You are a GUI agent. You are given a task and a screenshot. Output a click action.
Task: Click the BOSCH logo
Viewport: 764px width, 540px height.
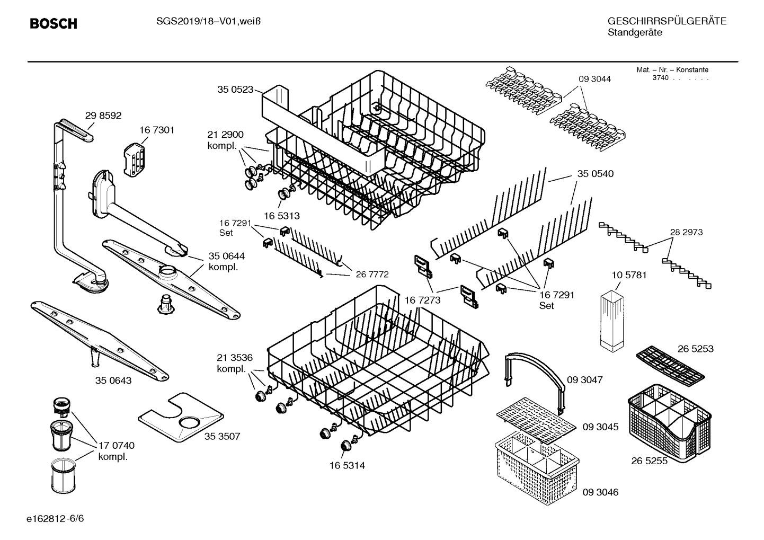[53, 24]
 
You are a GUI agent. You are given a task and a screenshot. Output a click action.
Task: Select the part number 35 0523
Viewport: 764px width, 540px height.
[235, 90]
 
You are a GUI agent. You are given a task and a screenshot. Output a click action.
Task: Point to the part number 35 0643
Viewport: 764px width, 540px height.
[113, 380]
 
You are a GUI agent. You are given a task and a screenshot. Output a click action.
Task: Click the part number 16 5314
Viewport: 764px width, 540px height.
[347, 465]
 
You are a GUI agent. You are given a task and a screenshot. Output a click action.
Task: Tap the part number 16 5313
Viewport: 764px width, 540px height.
[282, 216]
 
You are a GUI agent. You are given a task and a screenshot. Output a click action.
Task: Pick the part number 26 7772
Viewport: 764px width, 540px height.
[372, 274]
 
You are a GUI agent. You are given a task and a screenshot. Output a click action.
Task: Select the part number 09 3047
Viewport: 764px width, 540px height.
[584, 380]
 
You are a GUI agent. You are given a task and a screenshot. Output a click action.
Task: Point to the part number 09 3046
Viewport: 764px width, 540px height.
[600, 492]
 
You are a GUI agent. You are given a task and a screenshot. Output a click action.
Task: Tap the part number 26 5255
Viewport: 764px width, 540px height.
[649, 461]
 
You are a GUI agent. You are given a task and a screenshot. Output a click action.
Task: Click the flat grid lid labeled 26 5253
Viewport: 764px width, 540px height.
[670, 366]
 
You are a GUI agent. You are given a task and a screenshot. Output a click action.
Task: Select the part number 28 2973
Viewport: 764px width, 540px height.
[686, 232]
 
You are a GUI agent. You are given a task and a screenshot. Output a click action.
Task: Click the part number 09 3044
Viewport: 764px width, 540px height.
[594, 79]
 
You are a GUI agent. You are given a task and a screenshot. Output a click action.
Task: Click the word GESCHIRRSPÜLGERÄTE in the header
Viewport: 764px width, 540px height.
[667, 21]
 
